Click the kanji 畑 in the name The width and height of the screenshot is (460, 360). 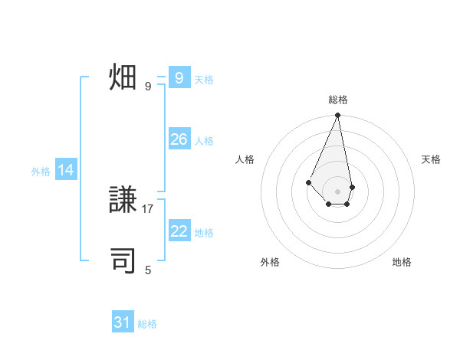coord(123,78)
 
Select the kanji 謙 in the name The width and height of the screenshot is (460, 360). coord(123,200)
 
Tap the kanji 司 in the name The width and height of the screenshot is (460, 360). coord(123,260)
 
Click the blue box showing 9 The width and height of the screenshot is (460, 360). coord(179,78)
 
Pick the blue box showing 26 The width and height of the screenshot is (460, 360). coord(179,139)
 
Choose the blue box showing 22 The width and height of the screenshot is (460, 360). coord(179,231)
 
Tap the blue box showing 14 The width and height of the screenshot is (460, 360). coord(66,171)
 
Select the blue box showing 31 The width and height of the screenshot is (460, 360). coord(123,322)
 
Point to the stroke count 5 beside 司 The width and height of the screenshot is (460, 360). coord(148,270)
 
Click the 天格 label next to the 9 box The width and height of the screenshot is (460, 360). coord(204,80)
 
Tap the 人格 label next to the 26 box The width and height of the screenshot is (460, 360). coord(204,141)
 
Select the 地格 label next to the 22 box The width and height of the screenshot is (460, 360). coord(204,233)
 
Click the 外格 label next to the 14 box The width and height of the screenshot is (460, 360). coord(41,172)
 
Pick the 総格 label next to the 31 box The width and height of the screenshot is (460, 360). coord(147,324)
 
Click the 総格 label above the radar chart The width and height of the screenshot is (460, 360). coord(338,100)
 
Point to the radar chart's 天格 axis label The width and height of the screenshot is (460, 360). coord(432,159)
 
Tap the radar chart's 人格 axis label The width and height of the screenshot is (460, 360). coord(245,159)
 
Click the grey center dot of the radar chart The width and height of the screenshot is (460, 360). coord(338,191)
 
